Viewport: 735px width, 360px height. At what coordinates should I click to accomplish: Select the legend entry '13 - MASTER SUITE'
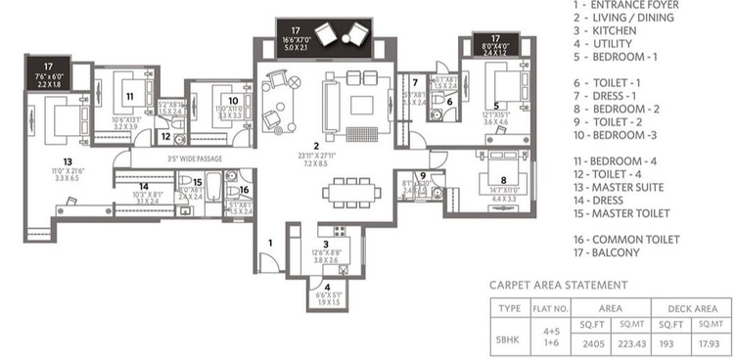[x=621, y=187]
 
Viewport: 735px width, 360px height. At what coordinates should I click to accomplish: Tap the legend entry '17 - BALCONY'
[x=608, y=252]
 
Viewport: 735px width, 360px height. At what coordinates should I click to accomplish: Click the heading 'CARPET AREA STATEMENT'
[x=558, y=285]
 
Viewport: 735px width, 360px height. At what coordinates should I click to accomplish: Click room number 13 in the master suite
[x=67, y=161]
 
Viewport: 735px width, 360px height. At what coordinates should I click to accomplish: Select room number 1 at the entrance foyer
[x=271, y=240]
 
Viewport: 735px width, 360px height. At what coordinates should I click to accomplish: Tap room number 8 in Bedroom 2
[x=502, y=180]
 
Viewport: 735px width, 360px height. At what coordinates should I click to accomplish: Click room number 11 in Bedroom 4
[x=128, y=96]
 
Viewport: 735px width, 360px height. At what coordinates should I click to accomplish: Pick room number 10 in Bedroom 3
[x=232, y=100]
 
